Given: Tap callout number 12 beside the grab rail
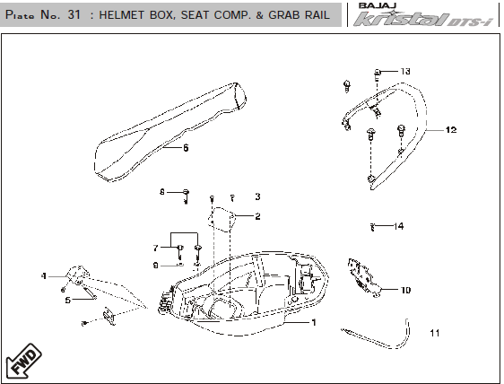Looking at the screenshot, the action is (451, 130).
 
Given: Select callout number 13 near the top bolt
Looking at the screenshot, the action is (405, 71).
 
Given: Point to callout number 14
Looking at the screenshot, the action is (398, 226).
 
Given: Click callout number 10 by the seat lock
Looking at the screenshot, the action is (405, 290).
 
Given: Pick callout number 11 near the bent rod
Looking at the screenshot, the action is (435, 333).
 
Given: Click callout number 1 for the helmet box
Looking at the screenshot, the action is (314, 322).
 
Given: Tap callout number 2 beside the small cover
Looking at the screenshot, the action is (257, 216).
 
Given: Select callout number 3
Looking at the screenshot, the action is (257, 196).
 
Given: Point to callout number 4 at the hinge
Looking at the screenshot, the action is (44, 276).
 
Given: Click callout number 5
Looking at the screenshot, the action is (68, 300).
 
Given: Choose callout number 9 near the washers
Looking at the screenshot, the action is (155, 266).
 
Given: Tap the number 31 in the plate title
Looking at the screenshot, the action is (74, 14).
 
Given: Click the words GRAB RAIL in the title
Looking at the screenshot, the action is (299, 14).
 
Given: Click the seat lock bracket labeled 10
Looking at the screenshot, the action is (364, 277).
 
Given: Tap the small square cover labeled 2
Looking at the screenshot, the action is (222, 219).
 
